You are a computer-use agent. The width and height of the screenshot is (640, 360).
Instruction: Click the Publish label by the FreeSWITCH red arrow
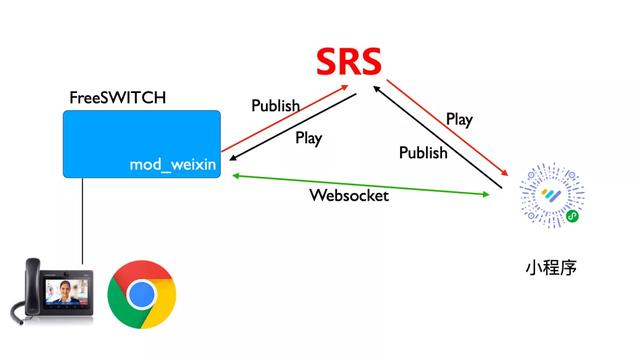[x=275, y=105]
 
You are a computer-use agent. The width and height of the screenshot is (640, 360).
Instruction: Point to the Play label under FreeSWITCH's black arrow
[x=308, y=138]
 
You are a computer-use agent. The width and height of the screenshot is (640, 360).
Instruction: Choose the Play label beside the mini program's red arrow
[x=459, y=119]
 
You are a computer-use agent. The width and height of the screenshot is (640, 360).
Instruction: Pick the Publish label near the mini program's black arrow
[x=423, y=153]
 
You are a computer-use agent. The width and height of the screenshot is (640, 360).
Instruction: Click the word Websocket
[x=348, y=196]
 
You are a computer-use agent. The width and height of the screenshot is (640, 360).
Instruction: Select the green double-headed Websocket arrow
[x=300, y=177]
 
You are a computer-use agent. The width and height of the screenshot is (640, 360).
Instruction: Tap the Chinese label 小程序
[x=550, y=269]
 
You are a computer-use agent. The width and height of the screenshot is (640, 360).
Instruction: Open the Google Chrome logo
[x=141, y=293]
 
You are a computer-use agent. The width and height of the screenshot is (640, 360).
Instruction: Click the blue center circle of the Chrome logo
[x=141, y=293]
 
